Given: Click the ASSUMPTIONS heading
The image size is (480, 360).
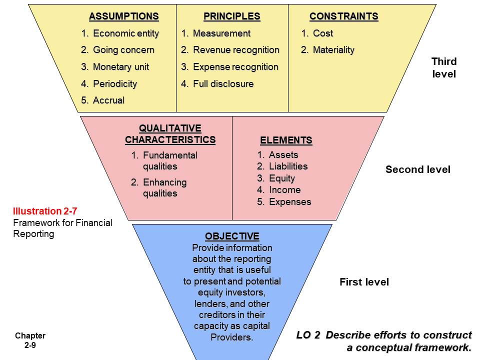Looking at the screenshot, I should pos(123,16).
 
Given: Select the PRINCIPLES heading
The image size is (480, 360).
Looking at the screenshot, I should pos(231,16).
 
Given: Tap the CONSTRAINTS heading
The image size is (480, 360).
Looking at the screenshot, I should pos(343,16).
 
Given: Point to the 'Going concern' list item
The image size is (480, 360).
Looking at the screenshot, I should pos(123,50).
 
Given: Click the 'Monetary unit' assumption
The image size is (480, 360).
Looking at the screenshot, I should pos(120,67).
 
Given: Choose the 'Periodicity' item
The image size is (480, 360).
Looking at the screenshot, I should pos(114,83).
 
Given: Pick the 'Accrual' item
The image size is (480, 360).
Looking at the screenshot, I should pos(108,100).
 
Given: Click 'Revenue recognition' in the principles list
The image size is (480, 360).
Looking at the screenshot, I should pos(235,50).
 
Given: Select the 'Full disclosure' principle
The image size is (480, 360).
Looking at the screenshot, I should pos(223,83).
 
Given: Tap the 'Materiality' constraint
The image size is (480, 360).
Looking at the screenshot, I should pos(333,50).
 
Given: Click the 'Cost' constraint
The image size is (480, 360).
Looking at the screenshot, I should pos(322,33).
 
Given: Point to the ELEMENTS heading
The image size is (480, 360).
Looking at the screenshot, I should pos(286,140).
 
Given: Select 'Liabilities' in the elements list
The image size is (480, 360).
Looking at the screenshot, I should pos(288,166).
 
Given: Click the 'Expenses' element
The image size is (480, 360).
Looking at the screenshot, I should pos(289,202).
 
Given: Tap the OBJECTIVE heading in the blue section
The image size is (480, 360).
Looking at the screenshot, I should pos(232,236).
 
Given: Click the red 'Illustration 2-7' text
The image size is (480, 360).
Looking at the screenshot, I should pos(44,211).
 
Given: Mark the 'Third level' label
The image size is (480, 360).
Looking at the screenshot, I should pos(444,68).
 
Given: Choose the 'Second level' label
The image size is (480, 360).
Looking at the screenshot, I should pos(417,169).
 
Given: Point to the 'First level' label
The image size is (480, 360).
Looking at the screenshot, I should pos(364,282).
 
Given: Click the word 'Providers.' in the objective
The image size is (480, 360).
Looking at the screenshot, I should pos(232,337).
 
